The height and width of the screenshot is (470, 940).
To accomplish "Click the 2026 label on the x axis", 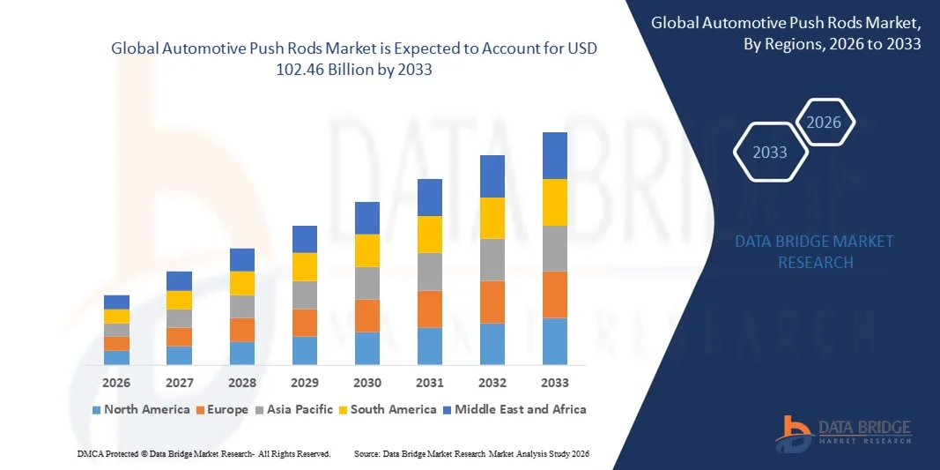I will pos(116,383).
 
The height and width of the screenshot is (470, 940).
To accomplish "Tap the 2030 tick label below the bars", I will pos(367,383).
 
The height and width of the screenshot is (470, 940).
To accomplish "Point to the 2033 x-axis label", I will pos(555,383).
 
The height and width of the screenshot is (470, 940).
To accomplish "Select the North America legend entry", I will pos(141,409).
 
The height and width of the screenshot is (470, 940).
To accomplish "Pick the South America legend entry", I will pos(388,409).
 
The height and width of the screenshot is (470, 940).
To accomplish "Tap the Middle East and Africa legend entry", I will pos(514,409).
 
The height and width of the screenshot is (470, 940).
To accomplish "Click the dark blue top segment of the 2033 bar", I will pos(555,155).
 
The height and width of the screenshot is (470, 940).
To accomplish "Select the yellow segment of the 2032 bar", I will pos(492,218).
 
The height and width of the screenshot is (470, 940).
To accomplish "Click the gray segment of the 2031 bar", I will pos(430,272).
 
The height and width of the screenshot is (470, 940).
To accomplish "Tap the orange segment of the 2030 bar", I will pos(367,315).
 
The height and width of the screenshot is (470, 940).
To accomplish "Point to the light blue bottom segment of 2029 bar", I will pos(305,350).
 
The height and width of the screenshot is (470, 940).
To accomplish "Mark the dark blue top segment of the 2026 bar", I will pos(116,302).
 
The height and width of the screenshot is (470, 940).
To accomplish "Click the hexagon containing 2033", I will pos(769,153).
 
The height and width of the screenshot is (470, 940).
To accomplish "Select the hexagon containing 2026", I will pos(825,123).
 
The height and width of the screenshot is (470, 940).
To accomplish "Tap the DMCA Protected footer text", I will pos(203,453).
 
